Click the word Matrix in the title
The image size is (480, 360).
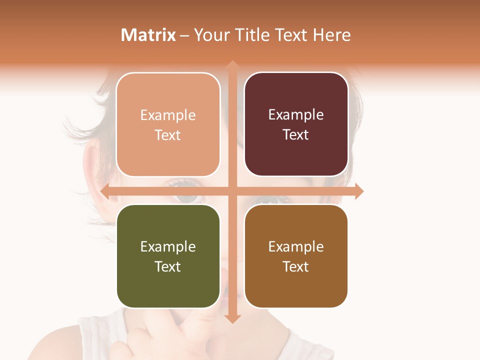(148, 35)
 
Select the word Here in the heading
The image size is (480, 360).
(331, 35)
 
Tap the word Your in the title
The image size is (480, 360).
(211, 35)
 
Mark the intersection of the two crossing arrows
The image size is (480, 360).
(232, 191)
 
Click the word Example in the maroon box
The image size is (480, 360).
(296, 114)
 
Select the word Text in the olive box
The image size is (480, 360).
(168, 266)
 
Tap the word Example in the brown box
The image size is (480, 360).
(296, 246)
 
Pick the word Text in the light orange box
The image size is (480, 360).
(168, 135)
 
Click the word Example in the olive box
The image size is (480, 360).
(168, 246)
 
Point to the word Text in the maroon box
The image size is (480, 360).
(296, 134)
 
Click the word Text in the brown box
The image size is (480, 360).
(296, 266)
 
